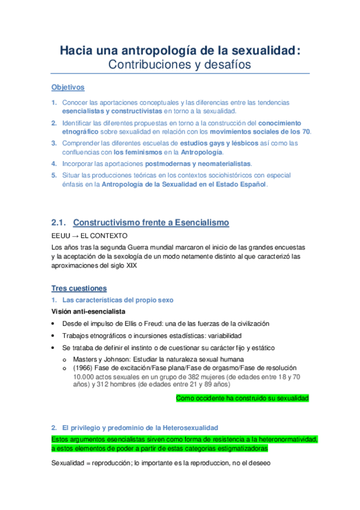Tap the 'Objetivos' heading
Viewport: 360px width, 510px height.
tap(68, 87)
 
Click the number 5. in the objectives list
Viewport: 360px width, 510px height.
tap(54, 175)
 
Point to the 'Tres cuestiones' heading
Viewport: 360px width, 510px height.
tap(79, 288)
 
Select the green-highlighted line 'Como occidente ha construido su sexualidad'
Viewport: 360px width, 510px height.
tap(242, 398)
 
